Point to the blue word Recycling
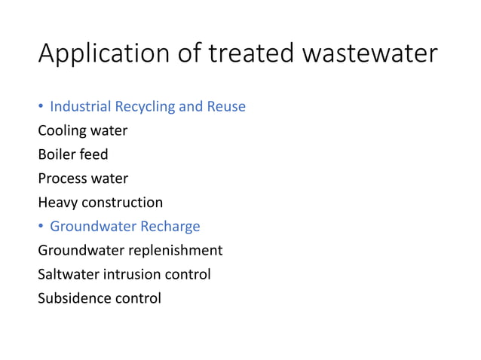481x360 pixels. (149, 107)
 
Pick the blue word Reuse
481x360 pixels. (225, 107)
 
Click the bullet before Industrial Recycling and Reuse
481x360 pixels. (41, 107)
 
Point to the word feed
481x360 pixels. (94, 154)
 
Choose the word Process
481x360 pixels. (62, 178)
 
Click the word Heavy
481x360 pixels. (58, 203)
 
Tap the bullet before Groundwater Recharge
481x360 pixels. (41, 227)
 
